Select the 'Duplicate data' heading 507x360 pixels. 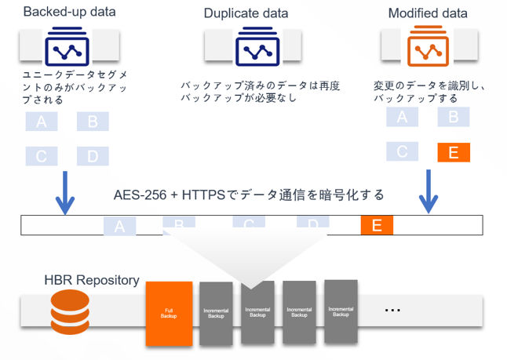pyautogui.click(x=246, y=13)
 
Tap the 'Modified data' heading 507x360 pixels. pyautogui.click(x=428, y=13)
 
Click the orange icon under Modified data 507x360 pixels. pyautogui.click(x=427, y=50)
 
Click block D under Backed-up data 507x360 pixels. pyautogui.click(x=93, y=156)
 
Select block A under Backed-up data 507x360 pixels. pyautogui.click(x=42, y=122)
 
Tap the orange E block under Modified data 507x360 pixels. pyautogui.click(x=453, y=152)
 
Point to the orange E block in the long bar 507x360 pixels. pyautogui.click(x=377, y=226)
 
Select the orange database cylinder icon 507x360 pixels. pyautogui.click(x=70, y=311)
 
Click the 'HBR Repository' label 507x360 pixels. pyautogui.click(x=93, y=280)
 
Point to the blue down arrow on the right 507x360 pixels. pyautogui.click(x=428, y=196)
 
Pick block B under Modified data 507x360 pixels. pyautogui.click(x=453, y=118)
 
